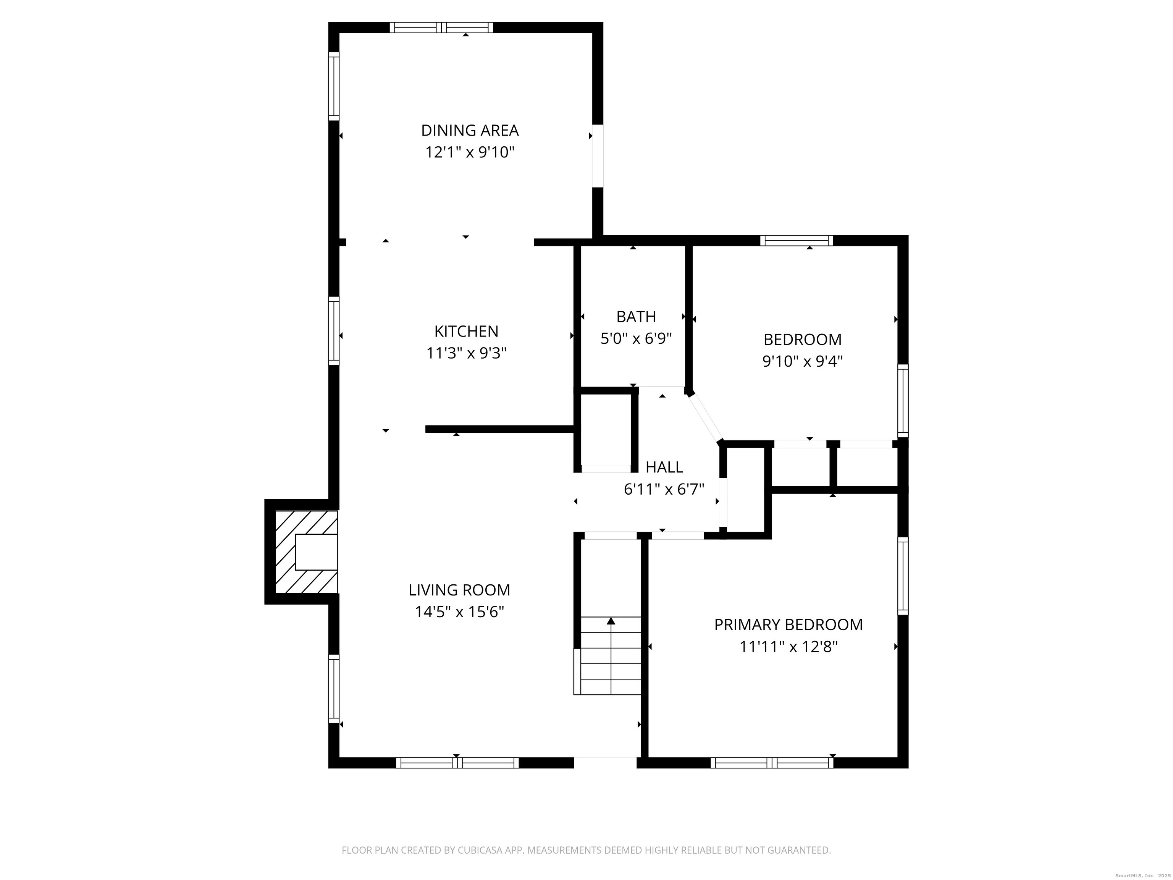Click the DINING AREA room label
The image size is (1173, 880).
point(469,130)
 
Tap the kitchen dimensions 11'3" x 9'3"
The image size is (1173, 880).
point(466,353)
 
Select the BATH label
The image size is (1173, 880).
point(636,317)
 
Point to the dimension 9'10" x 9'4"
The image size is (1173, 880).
point(802,361)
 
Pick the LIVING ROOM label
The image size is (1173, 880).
point(459,590)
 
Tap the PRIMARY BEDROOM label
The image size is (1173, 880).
point(788,625)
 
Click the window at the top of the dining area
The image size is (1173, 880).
point(441,27)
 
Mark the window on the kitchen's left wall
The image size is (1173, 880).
point(334,331)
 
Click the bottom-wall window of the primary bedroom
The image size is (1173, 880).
point(772,763)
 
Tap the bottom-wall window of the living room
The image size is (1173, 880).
point(457,763)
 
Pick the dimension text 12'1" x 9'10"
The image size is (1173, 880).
point(469,153)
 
